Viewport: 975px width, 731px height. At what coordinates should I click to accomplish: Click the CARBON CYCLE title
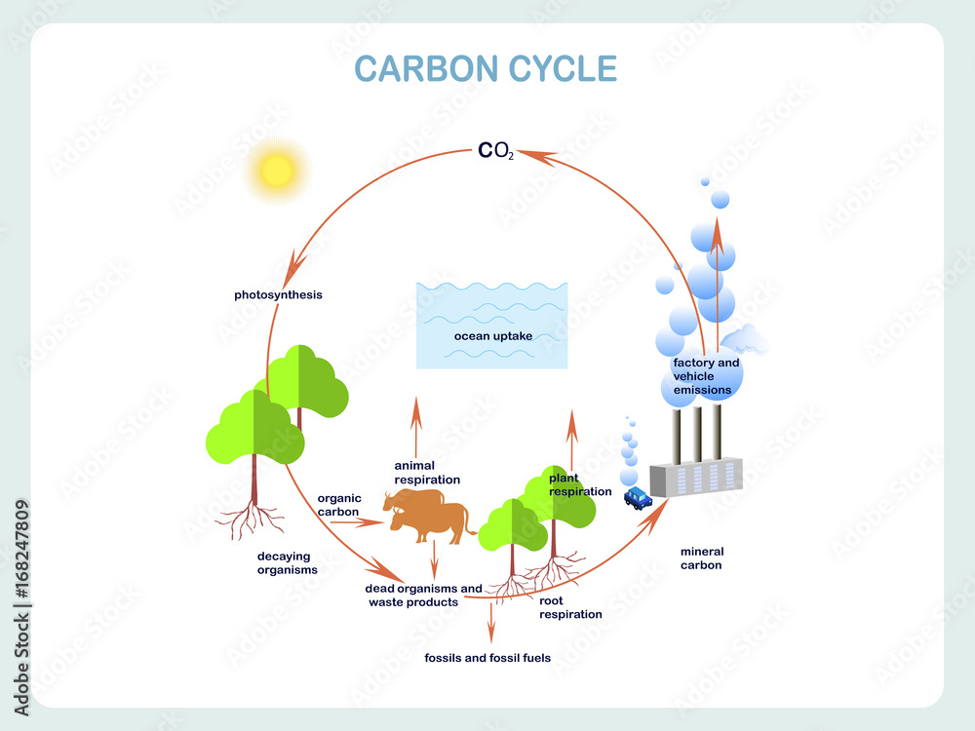[x=486, y=70]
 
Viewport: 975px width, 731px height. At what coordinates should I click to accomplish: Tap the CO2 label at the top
[x=495, y=152]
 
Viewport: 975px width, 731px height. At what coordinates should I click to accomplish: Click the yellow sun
[x=276, y=171]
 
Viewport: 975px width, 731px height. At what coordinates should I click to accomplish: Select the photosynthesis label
[x=278, y=294]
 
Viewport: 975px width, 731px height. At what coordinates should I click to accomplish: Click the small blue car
[x=639, y=499]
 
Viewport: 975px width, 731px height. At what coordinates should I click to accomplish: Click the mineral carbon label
[x=701, y=558]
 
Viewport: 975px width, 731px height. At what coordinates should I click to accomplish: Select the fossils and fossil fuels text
[x=487, y=658]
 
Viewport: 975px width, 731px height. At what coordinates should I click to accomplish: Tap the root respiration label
[x=570, y=607]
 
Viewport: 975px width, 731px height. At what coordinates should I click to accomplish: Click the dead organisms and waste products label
[x=423, y=596]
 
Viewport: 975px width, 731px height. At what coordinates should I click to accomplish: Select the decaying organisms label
[x=287, y=563]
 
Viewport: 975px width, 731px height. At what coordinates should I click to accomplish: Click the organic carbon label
[x=338, y=505]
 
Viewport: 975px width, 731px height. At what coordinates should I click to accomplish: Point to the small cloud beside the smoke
[x=744, y=340]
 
